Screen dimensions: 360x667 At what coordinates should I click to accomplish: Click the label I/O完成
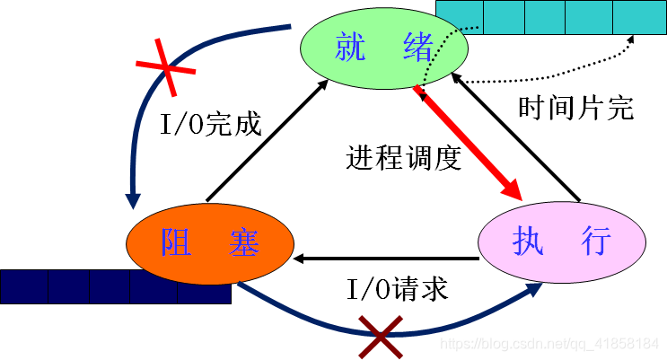[x=211, y=124]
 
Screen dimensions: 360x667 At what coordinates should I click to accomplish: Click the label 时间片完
[x=576, y=108]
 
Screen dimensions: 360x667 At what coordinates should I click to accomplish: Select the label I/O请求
[x=397, y=289]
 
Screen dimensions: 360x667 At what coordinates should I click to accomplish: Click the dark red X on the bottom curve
[x=381, y=336]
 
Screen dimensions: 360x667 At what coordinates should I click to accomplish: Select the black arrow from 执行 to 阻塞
[x=386, y=259]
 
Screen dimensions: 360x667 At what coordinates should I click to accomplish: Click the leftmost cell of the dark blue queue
[x=23, y=285]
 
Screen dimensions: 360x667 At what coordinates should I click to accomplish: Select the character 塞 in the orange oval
[x=243, y=241]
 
